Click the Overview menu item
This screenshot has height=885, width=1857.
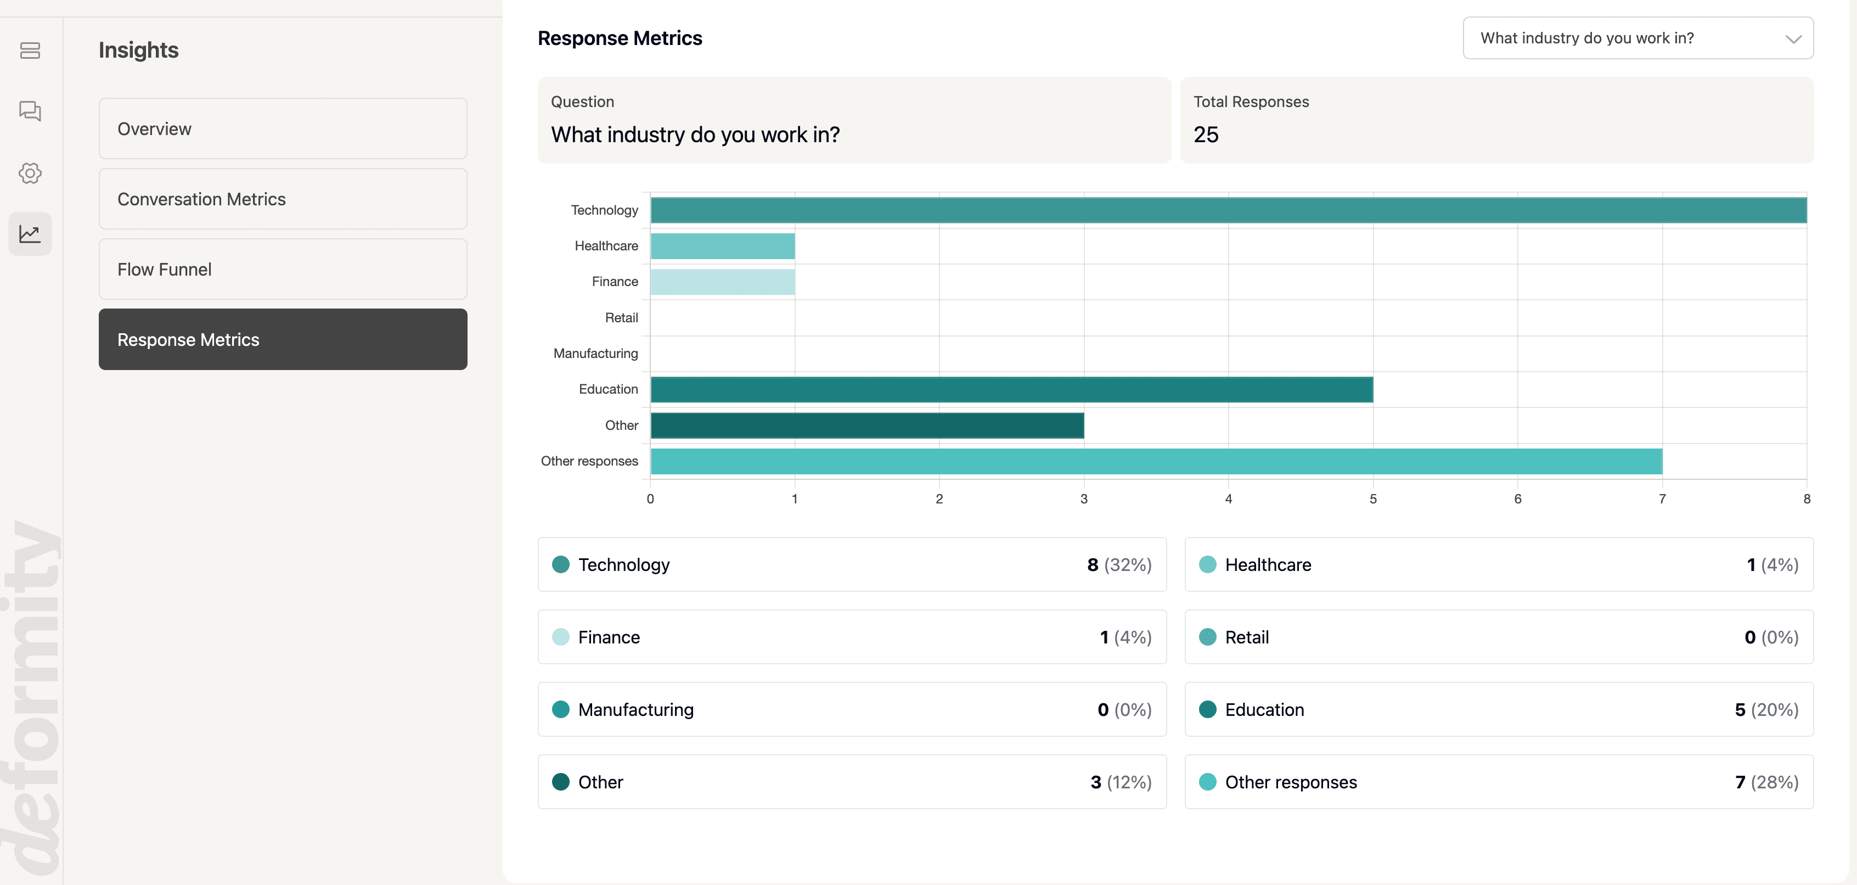[283, 128]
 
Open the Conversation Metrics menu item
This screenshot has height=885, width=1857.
[283, 199]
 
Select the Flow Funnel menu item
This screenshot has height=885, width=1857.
[283, 269]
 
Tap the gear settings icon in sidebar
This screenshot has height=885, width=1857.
[30, 173]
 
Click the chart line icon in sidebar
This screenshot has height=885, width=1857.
[30, 234]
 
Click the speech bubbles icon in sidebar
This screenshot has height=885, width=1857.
[30, 111]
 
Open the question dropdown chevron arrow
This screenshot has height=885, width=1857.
[1793, 39]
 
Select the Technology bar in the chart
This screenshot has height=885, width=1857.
[1228, 210]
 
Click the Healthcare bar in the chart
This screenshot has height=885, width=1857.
[722, 246]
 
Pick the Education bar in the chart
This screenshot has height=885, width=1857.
[1011, 389]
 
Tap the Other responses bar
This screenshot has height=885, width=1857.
[1156, 462]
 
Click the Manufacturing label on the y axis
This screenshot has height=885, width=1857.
[595, 354]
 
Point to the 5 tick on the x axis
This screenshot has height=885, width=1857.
[1372, 499]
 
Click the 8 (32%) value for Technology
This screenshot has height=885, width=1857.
[1119, 565]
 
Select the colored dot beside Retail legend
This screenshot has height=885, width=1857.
[1207, 637]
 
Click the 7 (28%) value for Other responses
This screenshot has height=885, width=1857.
[1766, 782]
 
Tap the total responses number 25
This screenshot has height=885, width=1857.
[1205, 135]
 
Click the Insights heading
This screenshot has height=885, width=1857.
[138, 50]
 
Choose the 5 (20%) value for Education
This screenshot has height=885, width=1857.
[1766, 710]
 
